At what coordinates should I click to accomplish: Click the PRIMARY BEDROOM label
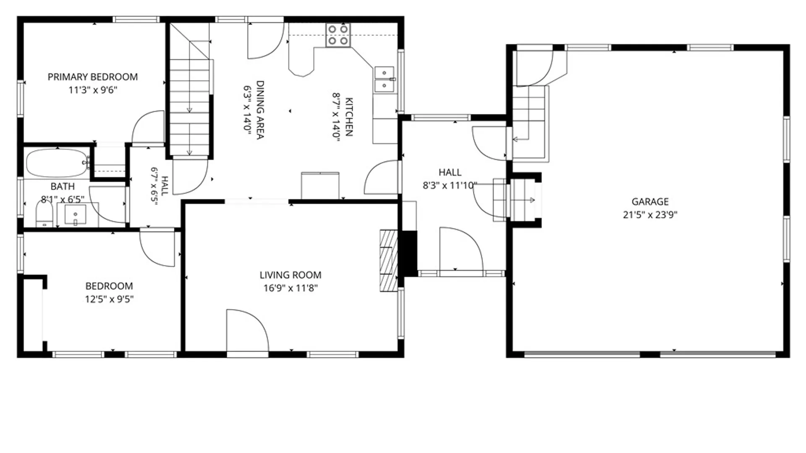[x=92, y=77]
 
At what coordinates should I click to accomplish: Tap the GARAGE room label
[x=650, y=202]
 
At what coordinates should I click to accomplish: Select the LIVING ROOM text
[x=290, y=275]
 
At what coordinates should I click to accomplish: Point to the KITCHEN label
[x=349, y=117]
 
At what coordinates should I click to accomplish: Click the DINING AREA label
[x=260, y=110]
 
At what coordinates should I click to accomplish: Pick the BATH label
[x=63, y=186]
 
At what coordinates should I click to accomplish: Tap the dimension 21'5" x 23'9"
[x=650, y=215]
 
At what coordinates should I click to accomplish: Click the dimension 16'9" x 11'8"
[x=290, y=288]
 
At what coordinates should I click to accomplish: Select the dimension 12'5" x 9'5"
[x=109, y=299]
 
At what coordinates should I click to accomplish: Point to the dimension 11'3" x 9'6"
[x=93, y=90]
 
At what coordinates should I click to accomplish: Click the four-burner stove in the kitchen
[x=338, y=35]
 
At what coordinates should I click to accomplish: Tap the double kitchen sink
[x=384, y=79]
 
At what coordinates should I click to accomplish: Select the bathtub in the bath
[x=58, y=163]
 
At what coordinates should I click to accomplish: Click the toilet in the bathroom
[x=44, y=213]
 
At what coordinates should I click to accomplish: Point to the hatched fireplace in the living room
[x=389, y=260]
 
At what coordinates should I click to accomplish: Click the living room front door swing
[x=247, y=331]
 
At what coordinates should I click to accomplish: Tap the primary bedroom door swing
[x=148, y=127]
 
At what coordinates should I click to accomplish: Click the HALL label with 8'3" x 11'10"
[x=450, y=179]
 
